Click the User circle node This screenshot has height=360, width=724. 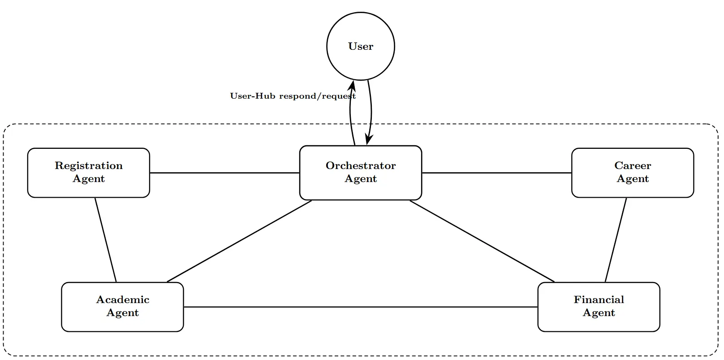[x=361, y=47]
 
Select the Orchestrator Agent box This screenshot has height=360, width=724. [x=361, y=173]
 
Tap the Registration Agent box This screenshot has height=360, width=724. [x=88, y=173]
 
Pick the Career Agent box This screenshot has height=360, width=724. [x=633, y=173]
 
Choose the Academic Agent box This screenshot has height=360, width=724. [x=122, y=307]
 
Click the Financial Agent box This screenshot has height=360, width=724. [x=599, y=307]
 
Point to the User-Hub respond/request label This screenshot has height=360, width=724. [x=293, y=96]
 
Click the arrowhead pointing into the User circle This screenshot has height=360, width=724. [x=353, y=85]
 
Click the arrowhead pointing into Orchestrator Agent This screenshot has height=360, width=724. [x=368, y=140]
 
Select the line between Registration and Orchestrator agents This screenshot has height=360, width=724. [x=224, y=173]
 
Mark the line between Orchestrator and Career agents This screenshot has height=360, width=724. [x=496, y=173]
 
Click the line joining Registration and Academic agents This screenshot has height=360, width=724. [x=106, y=240]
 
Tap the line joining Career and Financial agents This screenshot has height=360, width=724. [x=616, y=240]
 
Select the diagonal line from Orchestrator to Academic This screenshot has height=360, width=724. [x=239, y=241]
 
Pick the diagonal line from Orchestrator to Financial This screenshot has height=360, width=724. [x=482, y=241]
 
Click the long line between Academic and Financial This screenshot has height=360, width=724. [x=361, y=307]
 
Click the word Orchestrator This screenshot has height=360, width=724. [x=361, y=166]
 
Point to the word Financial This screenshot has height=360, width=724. [x=599, y=300]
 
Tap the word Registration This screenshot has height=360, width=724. [x=88, y=166]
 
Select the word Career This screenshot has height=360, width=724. [x=633, y=166]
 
